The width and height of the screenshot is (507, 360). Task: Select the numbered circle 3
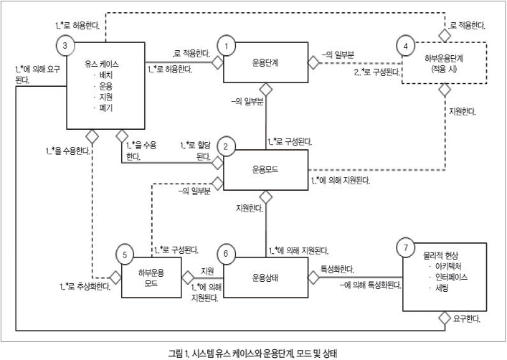tap(65, 47)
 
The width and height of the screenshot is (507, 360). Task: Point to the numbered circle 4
tap(406, 47)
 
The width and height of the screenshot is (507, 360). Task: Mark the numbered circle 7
tap(407, 247)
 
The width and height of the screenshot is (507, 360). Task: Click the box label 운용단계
tap(266, 62)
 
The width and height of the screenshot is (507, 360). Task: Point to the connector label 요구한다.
tap(467, 317)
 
